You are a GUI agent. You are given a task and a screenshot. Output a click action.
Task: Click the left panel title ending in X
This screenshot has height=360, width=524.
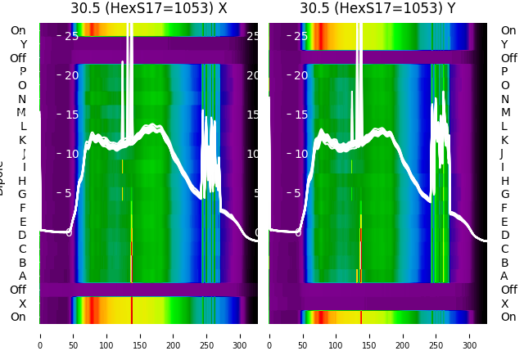point(148,9)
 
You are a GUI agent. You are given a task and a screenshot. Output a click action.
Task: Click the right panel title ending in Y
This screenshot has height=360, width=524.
point(377,9)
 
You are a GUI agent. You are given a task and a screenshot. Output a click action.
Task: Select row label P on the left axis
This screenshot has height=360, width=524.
point(22,72)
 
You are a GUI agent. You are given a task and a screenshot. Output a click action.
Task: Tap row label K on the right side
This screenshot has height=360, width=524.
point(504,140)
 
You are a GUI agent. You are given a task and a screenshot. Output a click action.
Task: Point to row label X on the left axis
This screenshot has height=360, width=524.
point(22,304)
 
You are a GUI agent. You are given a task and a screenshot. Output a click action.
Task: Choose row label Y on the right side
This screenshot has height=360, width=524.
point(504,44)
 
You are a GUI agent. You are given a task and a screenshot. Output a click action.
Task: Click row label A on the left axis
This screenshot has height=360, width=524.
point(22,277)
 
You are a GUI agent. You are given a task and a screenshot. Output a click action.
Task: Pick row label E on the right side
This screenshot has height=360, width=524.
point(504,222)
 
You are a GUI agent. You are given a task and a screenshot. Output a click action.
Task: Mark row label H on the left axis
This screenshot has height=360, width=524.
point(22,181)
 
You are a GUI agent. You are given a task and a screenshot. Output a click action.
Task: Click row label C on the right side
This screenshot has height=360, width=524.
point(504,249)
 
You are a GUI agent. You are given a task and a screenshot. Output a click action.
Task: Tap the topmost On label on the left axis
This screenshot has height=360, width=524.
point(18,31)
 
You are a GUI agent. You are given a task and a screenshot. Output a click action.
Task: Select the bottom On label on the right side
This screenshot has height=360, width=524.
point(508,317)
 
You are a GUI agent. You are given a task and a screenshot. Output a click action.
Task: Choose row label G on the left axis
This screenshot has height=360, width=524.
point(22,195)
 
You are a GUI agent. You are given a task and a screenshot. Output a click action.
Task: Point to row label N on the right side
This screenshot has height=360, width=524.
point(504,99)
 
